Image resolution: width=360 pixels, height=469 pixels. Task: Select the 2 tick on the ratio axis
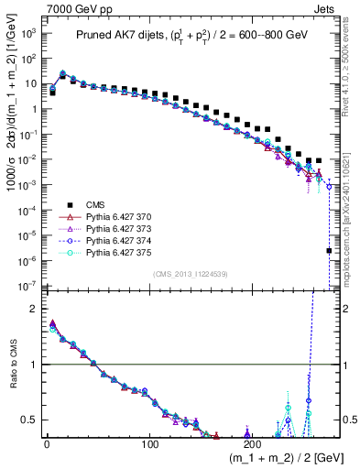coord(35,309)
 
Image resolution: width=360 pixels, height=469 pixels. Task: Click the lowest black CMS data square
coord(329,250)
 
